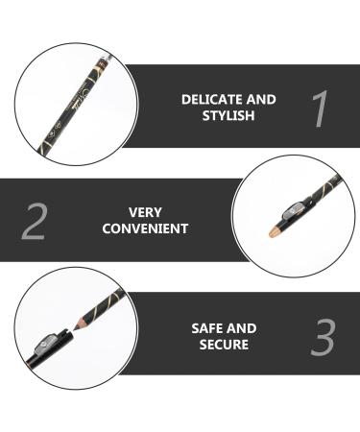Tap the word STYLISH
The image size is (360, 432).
(228, 115)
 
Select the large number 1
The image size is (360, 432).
(320, 108)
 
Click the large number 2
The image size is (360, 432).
(35, 220)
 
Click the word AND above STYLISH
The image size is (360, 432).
(260, 99)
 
